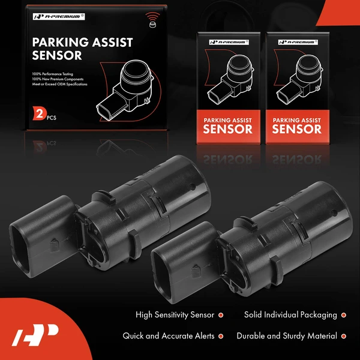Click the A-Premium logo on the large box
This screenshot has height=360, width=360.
tap(55, 16)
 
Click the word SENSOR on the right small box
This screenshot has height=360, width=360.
tap(296, 129)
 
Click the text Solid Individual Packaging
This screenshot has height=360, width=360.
tap(290, 314)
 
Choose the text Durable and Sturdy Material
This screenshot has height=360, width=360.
tap(286, 336)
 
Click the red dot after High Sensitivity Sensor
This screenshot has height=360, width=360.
tap(221, 314)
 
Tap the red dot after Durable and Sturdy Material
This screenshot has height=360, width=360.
tap(343, 336)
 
